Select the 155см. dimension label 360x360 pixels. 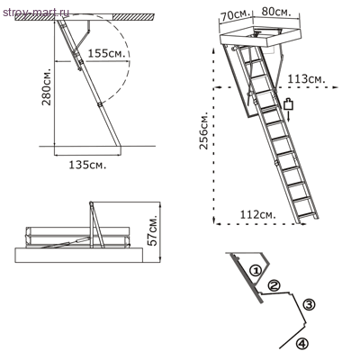point(107,54)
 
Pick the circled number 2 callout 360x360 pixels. point(274,286)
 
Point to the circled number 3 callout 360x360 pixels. point(309,304)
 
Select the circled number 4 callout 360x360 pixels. point(302,342)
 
